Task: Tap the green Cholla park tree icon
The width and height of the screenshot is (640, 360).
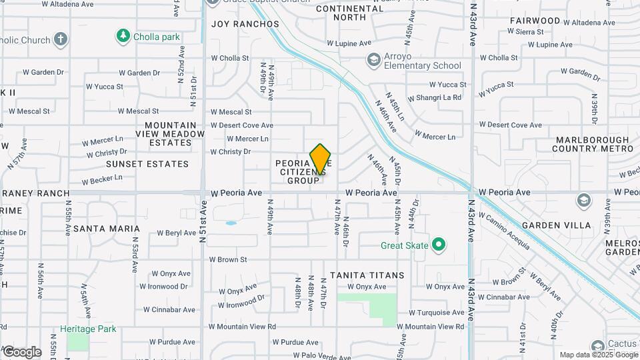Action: [123, 36]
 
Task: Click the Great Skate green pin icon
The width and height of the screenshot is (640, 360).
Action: [438, 245]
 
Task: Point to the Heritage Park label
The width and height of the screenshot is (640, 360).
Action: [87, 329]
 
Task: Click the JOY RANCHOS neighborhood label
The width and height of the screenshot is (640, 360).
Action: [245, 24]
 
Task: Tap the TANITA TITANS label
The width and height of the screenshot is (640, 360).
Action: [367, 275]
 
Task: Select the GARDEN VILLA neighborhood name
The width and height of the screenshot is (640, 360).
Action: [556, 225]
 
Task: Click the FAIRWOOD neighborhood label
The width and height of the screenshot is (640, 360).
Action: [535, 21]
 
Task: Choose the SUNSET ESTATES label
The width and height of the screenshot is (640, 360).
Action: [147, 163]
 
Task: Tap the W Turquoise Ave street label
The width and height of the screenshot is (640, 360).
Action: [437, 312]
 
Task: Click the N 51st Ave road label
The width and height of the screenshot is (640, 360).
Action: [203, 227]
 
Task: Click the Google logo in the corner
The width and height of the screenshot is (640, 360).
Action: [21, 351]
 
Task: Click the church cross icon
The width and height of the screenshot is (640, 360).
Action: [61, 39]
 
